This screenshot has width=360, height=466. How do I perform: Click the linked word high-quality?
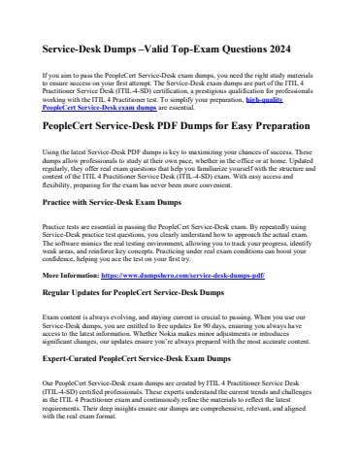tap(268, 99)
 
